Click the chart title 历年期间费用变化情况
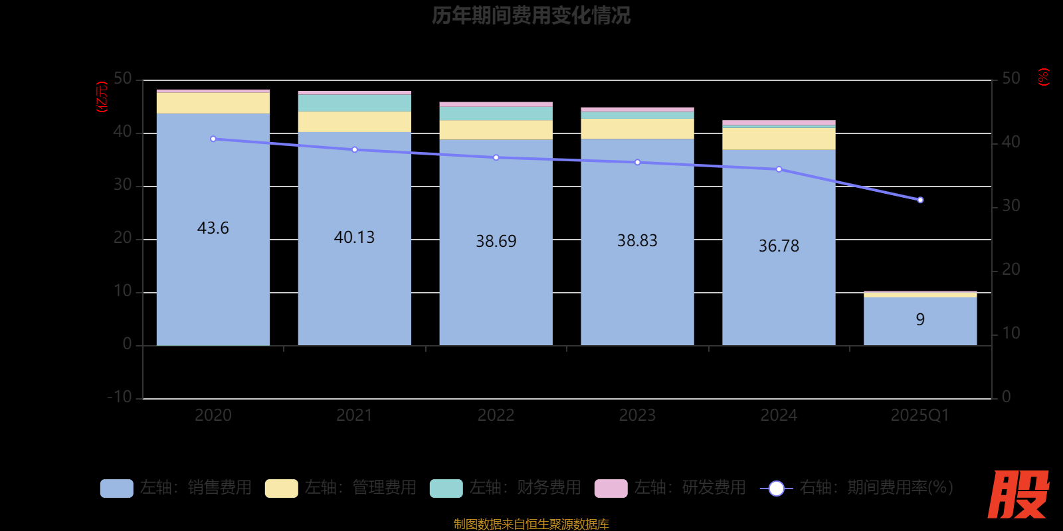pos(531,15)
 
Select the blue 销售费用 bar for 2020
pos(213,279)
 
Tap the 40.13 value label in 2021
pos(354,237)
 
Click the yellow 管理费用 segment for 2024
pos(779,139)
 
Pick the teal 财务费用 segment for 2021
pos(354,103)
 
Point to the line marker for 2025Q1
pos(920,200)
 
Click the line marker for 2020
pos(213,139)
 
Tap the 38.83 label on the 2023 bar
pos(637,240)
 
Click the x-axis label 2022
pos(496,416)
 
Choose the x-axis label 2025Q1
pos(920,416)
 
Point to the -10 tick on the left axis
pos(120,397)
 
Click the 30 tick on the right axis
pos(1011,206)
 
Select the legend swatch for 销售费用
pos(116,488)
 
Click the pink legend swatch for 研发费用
pos(611,488)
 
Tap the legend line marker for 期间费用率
pos(776,489)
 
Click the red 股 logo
pos(1018,494)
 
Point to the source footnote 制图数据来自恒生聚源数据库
pos(531,524)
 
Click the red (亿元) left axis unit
pos(102,97)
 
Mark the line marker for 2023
pos(637,162)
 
